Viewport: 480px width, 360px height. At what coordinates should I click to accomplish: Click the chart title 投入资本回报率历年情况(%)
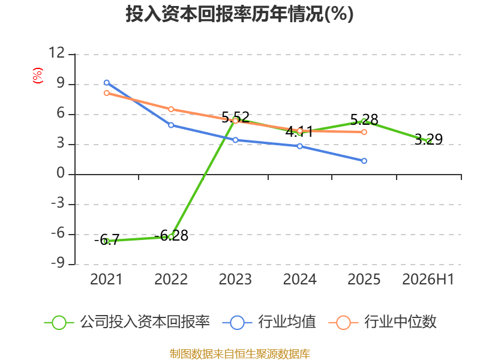click(239, 14)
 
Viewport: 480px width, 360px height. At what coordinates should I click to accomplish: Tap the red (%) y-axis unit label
click(38, 76)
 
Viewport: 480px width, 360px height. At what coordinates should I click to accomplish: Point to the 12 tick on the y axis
click(56, 53)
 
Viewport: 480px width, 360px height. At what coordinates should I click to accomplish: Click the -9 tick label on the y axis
click(58, 263)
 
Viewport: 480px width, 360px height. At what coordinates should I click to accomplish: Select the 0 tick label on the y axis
click(61, 173)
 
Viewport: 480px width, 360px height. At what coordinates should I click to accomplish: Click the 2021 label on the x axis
click(106, 279)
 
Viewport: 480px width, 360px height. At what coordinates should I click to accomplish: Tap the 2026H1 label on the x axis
click(428, 279)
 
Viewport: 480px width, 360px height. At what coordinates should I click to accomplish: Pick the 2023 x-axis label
click(235, 279)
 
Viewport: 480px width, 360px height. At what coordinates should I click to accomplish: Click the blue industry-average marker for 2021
click(107, 83)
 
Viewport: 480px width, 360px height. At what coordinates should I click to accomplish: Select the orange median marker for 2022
click(171, 109)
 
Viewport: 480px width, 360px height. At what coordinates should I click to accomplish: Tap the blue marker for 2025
click(364, 161)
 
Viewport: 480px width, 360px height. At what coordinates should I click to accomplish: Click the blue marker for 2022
click(171, 125)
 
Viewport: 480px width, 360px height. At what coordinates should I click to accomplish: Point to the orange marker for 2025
click(364, 132)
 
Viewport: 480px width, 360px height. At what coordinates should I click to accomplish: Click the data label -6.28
click(171, 235)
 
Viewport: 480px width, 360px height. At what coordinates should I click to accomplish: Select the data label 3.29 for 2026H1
click(428, 139)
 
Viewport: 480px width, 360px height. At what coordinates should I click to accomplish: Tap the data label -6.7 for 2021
click(107, 239)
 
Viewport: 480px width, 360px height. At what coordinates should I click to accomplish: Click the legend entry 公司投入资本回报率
click(127, 322)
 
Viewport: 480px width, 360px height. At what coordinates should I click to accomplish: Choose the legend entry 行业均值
click(269, 322)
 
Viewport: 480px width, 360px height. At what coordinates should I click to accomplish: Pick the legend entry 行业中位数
click(383, 322)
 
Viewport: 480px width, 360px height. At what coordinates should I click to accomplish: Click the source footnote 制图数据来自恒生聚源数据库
click(239, 354)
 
